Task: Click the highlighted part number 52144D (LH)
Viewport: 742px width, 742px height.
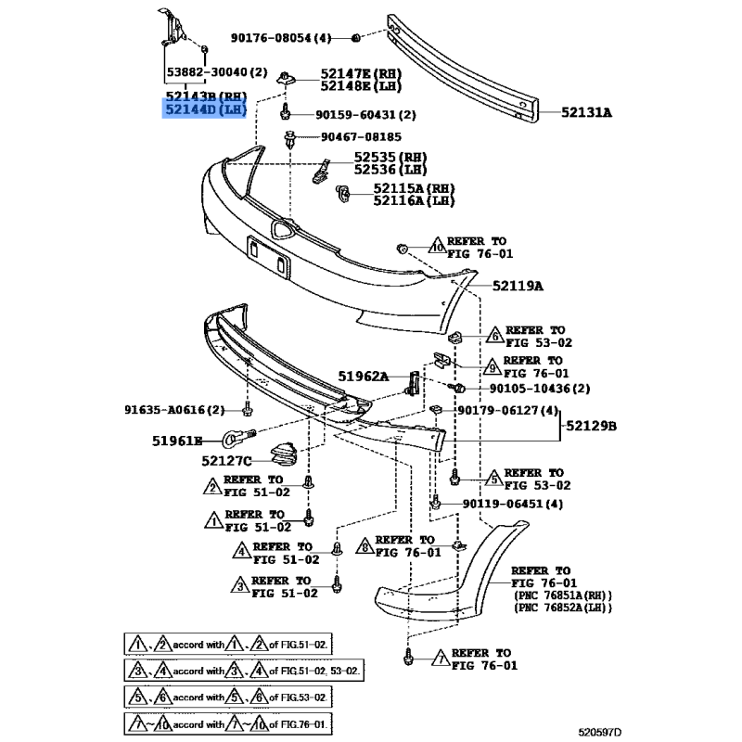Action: [206, 110]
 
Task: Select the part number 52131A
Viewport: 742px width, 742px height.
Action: [586, 113]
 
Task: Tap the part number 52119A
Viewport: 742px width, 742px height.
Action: [517, 286]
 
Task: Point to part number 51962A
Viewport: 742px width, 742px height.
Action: [364, 377]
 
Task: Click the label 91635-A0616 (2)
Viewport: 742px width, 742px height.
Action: [174, 409]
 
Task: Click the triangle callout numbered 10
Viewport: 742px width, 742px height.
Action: [437, 247]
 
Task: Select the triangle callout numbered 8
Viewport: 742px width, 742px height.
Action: [365, 546]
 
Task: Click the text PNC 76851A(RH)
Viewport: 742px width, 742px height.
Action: [562, 595]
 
